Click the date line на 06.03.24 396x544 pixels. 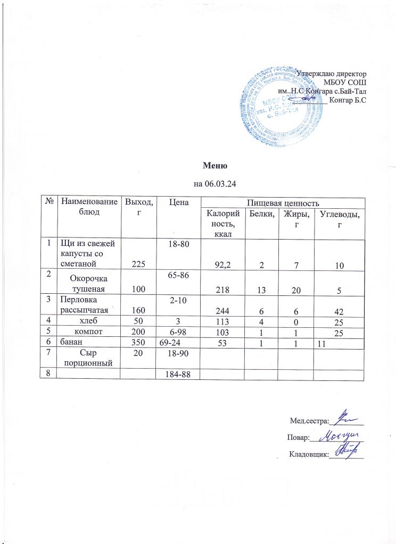point(213,184)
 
